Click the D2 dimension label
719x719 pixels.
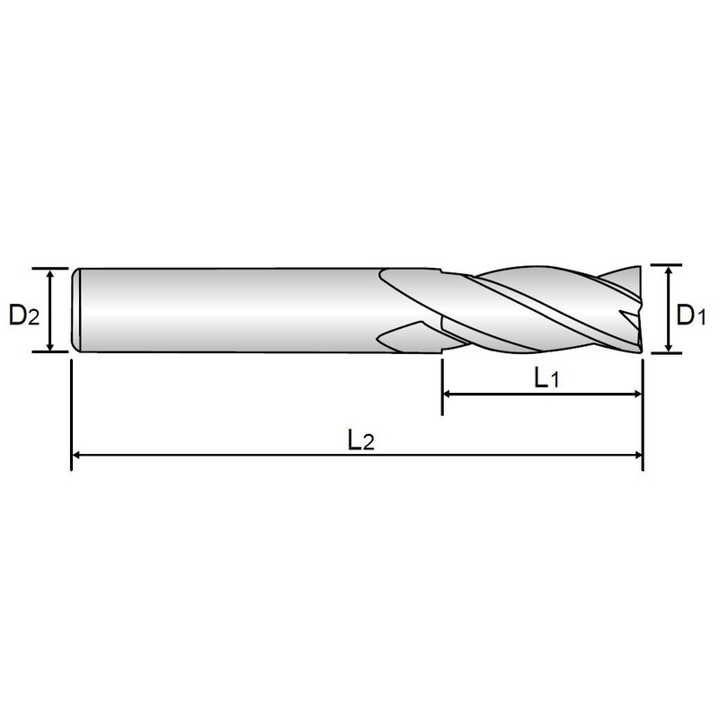[x=24, y=315]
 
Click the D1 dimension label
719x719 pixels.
[x=691, y=315]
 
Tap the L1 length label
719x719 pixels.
[x=546, y=378]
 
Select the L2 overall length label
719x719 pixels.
[x=361, y=440]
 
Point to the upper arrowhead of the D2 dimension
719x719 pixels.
[x=50, y=273]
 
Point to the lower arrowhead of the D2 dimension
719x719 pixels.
[x=50, y=347]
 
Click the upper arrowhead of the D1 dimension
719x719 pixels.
[x=669, y=271]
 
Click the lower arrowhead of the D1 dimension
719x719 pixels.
[x=669, y=348]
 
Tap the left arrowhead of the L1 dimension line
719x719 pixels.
[x=448, y=394]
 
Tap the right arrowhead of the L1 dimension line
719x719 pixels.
[x=637, y=394]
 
